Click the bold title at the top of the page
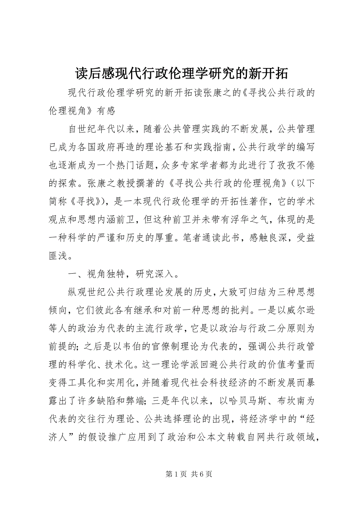pyautogui.click(x=180, y=73)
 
